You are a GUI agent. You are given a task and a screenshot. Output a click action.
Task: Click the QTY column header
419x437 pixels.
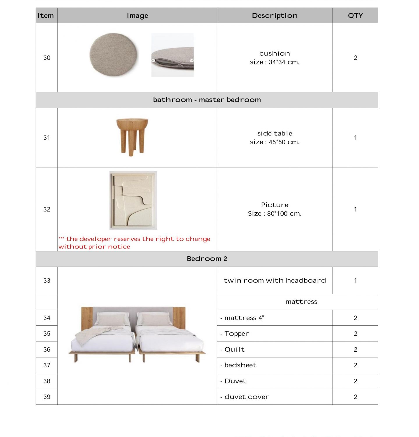coord(355,16)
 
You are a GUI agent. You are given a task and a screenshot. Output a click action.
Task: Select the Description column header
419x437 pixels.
coord(275,16)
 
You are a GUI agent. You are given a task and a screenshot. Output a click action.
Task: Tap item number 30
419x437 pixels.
coord(47,58)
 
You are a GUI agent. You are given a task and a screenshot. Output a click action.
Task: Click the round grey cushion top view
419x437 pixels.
coord(113,54)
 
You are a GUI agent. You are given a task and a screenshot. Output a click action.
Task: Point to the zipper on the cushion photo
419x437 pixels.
coord(163,61)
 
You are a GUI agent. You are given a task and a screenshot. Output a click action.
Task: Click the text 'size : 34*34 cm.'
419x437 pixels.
coord(275,62)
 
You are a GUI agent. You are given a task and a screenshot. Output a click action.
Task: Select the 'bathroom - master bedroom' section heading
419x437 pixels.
coord(207,100)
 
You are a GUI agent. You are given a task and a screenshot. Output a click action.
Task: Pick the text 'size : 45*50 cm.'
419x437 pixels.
coord(275,142)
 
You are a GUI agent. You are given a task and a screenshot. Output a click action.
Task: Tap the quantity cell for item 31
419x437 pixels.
coord(355,138)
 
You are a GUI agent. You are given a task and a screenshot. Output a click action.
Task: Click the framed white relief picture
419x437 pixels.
coord(133,200)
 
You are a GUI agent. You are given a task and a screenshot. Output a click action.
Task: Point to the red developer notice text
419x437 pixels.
coord(134,243)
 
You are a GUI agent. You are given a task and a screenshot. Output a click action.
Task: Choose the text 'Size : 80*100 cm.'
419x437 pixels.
coord(275,214)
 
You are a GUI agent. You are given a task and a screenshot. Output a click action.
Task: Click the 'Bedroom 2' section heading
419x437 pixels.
coord(207,259)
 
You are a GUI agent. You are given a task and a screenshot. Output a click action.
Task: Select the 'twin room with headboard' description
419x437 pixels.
coord(275,280)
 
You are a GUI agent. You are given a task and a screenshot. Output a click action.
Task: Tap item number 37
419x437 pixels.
coord(47,365)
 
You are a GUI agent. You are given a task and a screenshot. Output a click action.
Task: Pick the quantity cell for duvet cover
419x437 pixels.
coord(355,397)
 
